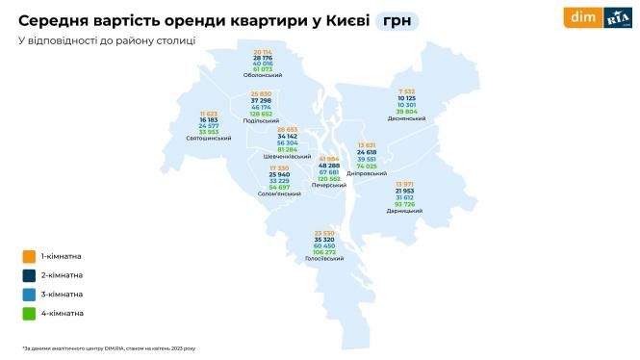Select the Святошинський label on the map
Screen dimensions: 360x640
[x=209, y=139]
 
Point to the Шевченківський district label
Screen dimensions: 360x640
[x=286, y=156]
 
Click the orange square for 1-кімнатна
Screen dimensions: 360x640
[x=27, y=256]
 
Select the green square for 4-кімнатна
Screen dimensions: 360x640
[x=27, y=313]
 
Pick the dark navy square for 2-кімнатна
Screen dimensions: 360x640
[x=27, y=275]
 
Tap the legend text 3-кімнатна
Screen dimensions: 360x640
[x=61, y=294]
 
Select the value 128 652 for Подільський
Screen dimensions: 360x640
[x=263, y=114]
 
